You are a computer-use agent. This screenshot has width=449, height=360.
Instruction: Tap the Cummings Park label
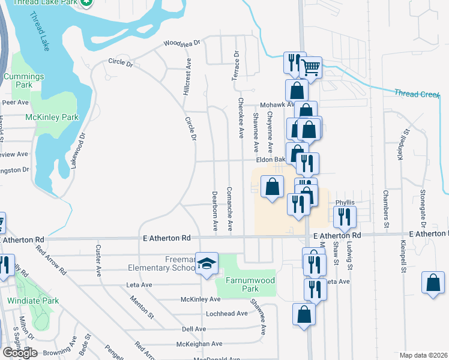point(23,81)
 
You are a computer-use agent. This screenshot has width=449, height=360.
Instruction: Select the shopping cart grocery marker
point(310,68)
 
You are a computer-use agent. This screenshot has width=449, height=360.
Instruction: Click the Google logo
point(20,353)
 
